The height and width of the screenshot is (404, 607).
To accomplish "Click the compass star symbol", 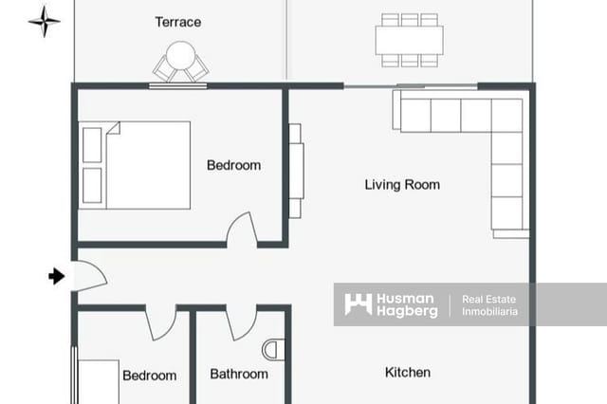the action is point(45,21).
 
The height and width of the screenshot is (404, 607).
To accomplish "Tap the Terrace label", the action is point(178,22).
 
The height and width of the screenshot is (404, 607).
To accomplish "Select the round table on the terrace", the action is point(180,55).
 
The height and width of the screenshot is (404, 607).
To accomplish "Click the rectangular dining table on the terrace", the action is point(409,40).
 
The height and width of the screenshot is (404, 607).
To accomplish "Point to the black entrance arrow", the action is point(57,276).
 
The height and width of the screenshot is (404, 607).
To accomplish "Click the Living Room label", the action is point(402,185).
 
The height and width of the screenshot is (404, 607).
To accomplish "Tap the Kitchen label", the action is point(408,373).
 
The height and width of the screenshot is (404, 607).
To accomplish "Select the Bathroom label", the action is point(239,374).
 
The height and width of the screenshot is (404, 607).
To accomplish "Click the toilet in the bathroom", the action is point(273,350).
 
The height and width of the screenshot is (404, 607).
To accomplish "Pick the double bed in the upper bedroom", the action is point(135,166).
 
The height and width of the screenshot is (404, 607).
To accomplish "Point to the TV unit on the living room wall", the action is point(296,171).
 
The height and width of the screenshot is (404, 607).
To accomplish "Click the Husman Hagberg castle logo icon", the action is point(359,304).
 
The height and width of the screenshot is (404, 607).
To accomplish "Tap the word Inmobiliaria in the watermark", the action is point(489,311).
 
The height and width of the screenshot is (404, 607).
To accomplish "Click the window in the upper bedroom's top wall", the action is point(177,86).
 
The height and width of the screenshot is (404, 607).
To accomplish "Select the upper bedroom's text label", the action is point(234,165).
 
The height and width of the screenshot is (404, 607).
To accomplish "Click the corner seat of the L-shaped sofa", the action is point(506,116).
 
